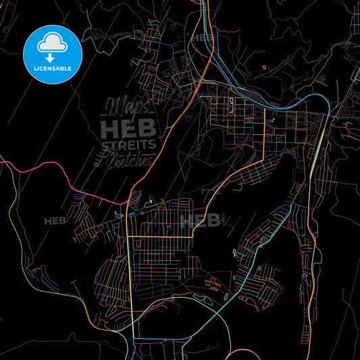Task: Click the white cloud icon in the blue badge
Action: click(53, 41)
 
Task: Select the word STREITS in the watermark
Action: click(129, 145)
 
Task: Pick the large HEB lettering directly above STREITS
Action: click(128, 128)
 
